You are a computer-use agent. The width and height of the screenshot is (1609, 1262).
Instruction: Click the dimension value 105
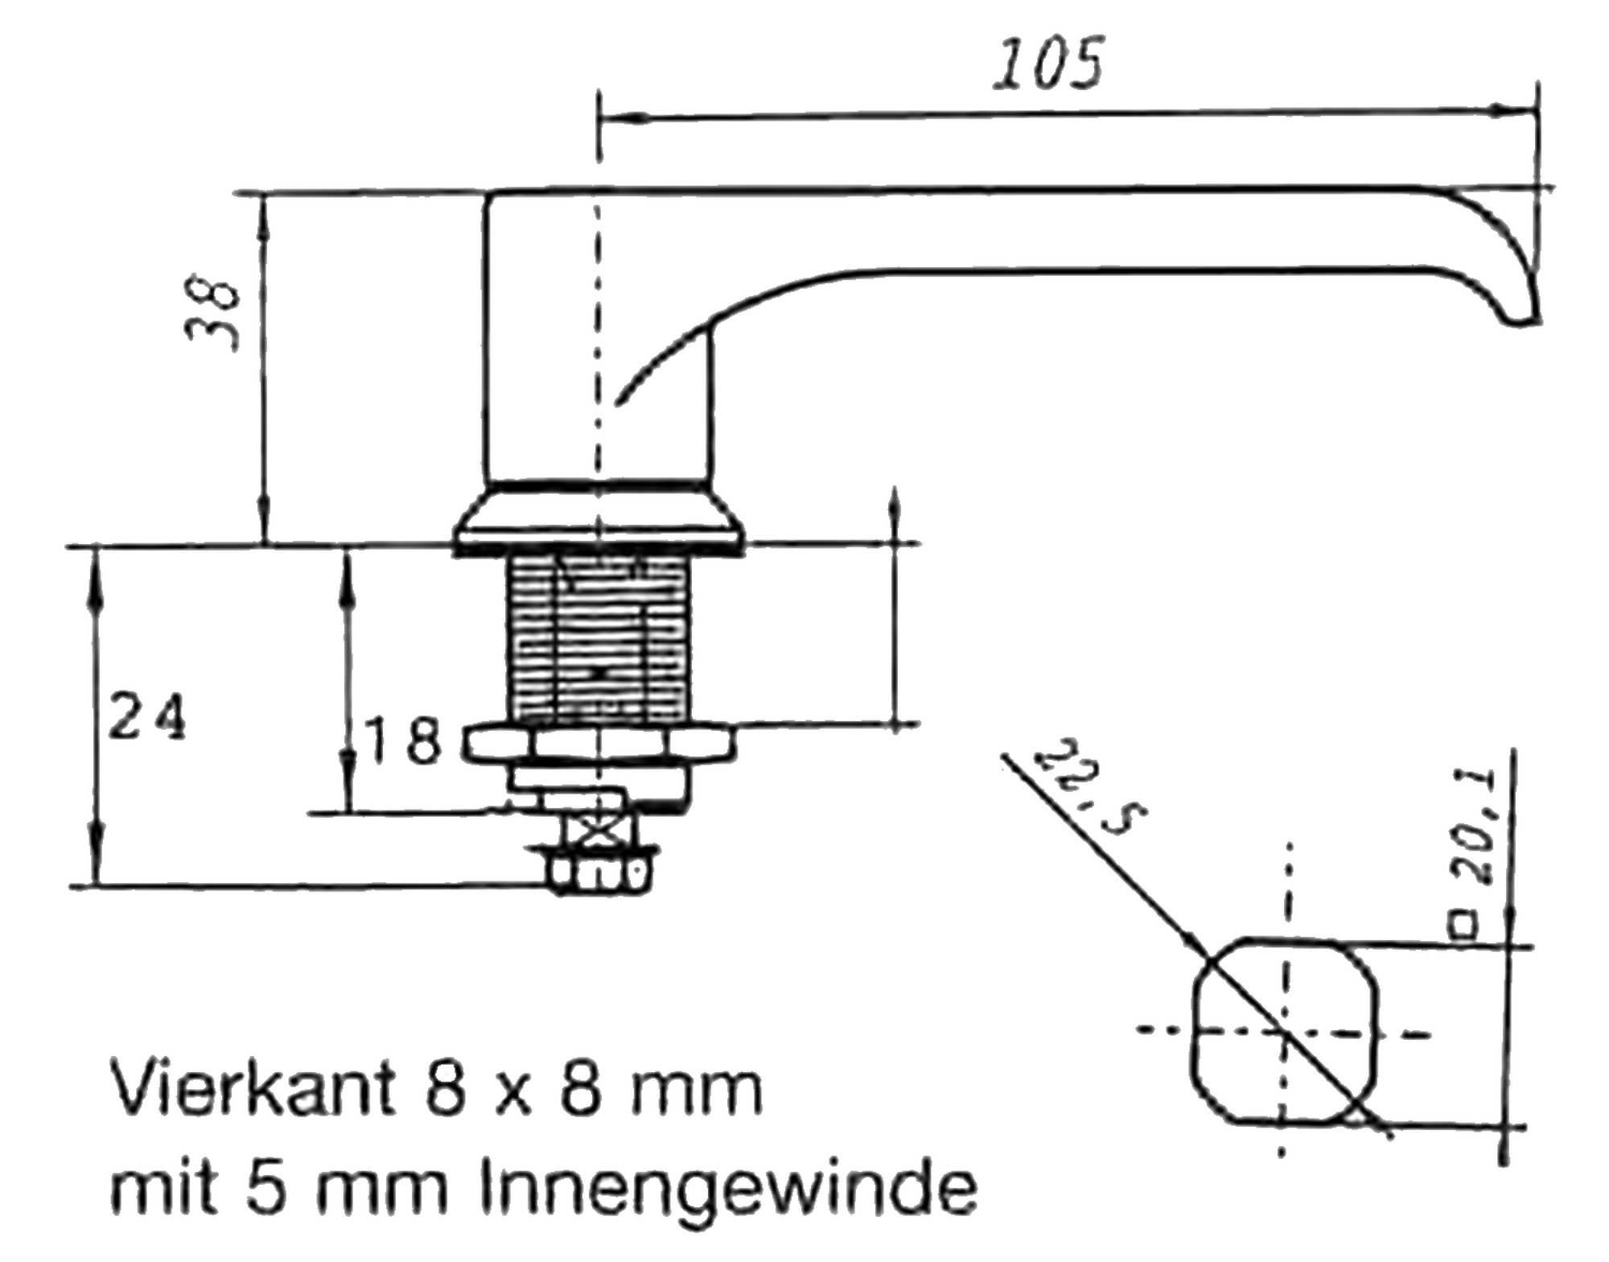[x=1048, y=63]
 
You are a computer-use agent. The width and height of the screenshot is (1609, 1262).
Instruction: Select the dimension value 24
[x=147, y=716]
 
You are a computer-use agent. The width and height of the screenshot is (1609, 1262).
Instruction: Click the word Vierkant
[x=253, y=1088]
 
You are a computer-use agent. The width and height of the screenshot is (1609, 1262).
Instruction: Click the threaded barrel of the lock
[x=599, y=640]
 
